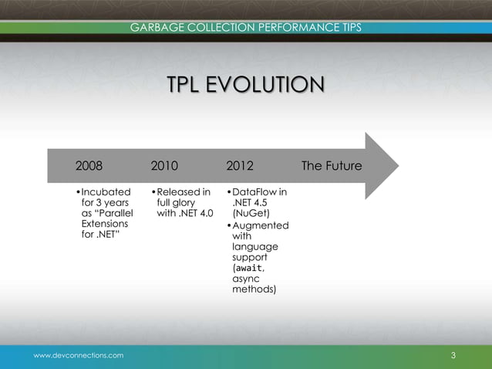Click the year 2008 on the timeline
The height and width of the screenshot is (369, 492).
tap(89, 166)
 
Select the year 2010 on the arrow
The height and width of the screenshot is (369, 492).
tap(164, 166)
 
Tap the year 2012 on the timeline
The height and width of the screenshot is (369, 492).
tap(240, 166)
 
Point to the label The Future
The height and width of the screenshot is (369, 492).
tap(332, 166)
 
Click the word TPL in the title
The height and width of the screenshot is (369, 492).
tap(186, 85)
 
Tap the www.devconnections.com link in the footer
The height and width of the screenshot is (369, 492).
tap(78, 354)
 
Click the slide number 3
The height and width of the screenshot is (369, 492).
tap(453, 355)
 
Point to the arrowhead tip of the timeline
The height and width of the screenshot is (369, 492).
tap(398, 165)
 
